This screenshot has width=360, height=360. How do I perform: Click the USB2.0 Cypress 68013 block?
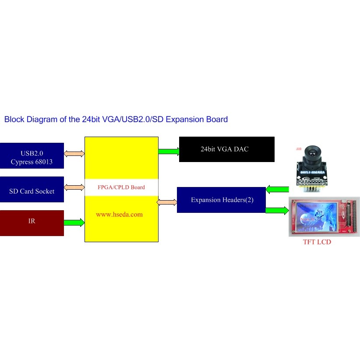pyautogui.click(x=32, y=156)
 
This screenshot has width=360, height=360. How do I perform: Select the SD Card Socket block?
pyautogui.click(x=32, y=190)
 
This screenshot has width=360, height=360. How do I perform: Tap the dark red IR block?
pyautogui.click(x=32, y=223)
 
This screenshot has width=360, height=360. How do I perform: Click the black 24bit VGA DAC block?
pyautogui.click(x=226, y=149)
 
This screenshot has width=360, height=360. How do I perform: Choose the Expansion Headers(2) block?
pyautogui.click(x=221, y=200)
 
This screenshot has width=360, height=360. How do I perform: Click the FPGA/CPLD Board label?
pyautogui.click(x=121, y=187)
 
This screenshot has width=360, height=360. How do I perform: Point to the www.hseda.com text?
pyautogui.click(x=120, y=215)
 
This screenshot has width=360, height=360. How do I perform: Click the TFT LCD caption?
pyautogui.click(x=317, y=242)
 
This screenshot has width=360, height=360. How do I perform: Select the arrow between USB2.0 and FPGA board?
pyautogui.click(x=74, y=154)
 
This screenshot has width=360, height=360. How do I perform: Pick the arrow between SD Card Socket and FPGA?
pyautogui.click(x=74, y=187)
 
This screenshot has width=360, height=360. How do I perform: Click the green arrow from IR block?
pyautogui.click(x=74, y=222)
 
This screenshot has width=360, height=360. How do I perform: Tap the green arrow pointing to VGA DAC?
pyautogui.click(x=169, y=152)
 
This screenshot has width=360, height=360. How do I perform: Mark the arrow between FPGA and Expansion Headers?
pyautogui.click(x=167, y=202)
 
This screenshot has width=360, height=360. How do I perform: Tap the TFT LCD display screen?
pyautogui.click(x=318, y=217)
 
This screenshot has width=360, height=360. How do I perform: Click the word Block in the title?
pyautogui.click(x=14, y=119)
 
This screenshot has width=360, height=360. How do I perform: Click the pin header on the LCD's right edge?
pyautogui.click(x=349, y=217)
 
